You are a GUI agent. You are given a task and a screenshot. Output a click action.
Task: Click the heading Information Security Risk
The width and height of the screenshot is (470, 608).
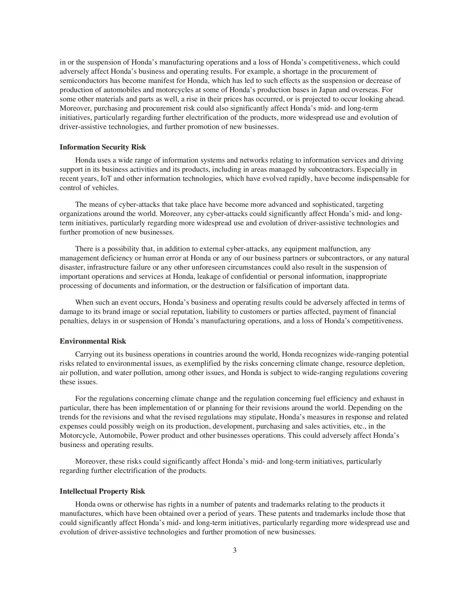[x=103, y=147]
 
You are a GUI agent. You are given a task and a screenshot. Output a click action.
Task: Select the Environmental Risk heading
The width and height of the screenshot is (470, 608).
[x=93, y=341]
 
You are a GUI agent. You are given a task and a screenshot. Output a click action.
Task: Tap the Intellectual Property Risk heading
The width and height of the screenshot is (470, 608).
[x=102, y=491]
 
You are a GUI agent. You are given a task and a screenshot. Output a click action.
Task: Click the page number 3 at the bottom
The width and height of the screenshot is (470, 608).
[x=235, y=550]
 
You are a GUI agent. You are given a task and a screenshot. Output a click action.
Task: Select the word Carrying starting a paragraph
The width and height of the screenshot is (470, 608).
[x=88, y=354]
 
